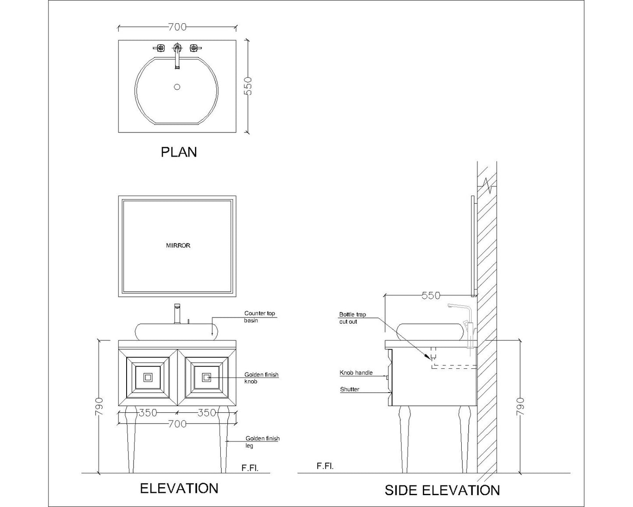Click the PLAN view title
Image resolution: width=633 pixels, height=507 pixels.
point(179,152)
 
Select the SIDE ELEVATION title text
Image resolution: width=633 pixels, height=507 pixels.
point(442,490)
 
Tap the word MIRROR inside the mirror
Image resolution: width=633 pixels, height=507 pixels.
point(178,246)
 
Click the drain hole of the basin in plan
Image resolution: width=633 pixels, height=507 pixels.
point(177,87)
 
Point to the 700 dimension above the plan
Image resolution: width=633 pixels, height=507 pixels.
point(177,27)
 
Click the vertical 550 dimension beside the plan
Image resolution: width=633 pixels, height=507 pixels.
point(248,86)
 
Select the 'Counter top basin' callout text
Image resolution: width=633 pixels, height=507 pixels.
point(259,317)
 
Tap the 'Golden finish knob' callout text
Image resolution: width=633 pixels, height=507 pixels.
point(261,378)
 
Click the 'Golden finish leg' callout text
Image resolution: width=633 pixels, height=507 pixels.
point(262,442)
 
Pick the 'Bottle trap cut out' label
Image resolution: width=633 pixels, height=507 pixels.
point(352,318)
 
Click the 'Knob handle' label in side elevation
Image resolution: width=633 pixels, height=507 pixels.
point(356,373)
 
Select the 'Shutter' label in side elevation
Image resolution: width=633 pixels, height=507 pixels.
point(350,389)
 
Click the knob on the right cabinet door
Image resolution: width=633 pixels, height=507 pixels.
point(206,377)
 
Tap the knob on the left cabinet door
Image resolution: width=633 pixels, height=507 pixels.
point(148,377)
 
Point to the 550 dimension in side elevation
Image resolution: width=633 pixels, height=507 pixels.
point(431,296)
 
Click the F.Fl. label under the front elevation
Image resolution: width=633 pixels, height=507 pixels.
point(250,468)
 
